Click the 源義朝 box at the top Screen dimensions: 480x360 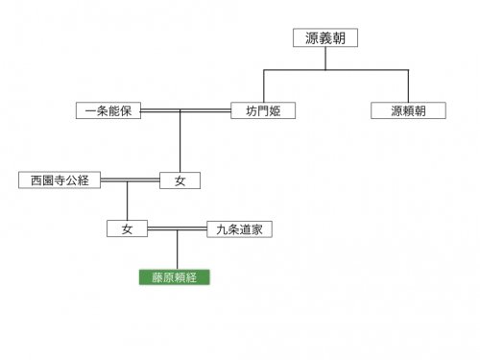(x=325, y=37)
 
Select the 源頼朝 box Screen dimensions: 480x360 (x=408, y=110)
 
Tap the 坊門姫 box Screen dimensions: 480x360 (x=263, y=110)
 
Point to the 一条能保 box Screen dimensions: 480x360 (x=108, y=110)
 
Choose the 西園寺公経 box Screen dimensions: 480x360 (x=60, y=180)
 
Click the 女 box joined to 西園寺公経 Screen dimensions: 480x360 (x=180, y=180)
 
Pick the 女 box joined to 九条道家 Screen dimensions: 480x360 (x=127, y=228)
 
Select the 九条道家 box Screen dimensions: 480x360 (x=240, y=229)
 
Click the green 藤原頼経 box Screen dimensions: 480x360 (x=175, y=277)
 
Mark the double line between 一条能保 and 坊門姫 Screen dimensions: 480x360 (x=186, y=110)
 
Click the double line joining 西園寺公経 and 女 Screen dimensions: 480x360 (x=131, y=180)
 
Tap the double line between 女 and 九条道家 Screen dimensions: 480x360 (x=178, y=228)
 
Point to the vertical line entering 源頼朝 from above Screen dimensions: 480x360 (x=408, y=86)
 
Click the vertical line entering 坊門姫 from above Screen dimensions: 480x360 (x=264, y=86)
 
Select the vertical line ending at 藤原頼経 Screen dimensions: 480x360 (x=178, y=250)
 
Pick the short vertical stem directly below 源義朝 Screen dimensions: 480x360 (x=325, y=59)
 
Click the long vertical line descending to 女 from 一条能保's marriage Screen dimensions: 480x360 (x=180, y=142)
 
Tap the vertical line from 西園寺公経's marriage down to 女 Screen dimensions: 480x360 (x=127, y=202)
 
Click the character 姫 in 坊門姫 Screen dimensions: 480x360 (x=275, y=111)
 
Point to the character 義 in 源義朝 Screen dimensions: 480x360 (x=325, y=37)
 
